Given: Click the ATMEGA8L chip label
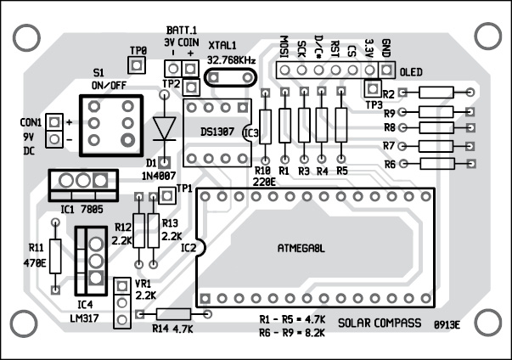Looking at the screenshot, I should [302, 249].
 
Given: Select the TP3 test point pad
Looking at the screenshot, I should [371, 88].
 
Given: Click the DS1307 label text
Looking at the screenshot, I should [219, 132].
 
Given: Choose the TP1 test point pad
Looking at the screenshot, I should [166, 196].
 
